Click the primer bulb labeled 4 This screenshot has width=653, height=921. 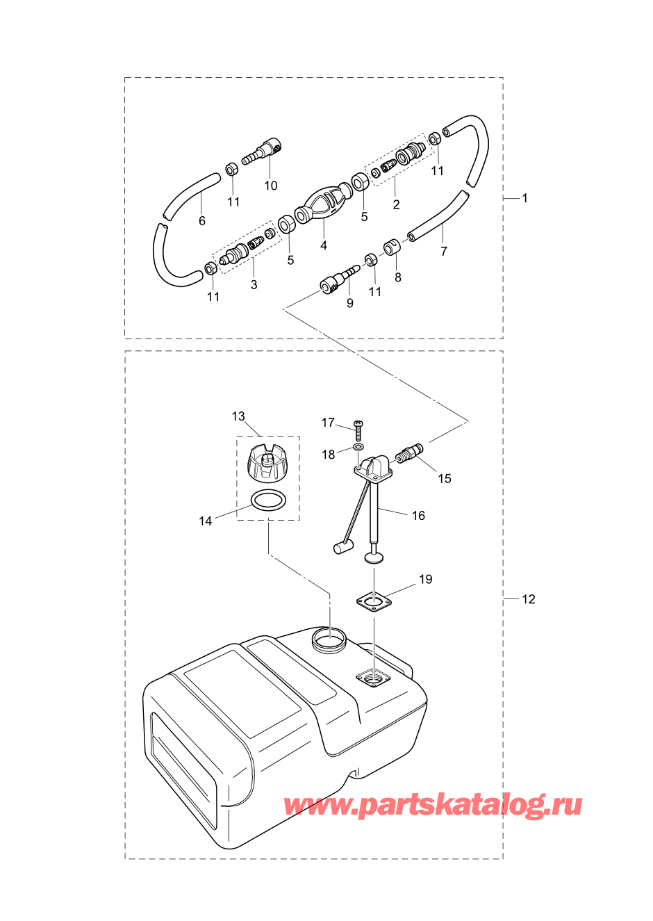(324, 204)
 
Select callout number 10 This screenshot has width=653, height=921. (271, 186)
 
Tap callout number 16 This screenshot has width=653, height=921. (418, 516)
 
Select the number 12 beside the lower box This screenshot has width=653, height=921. (529, 599)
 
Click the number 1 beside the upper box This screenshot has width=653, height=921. (524, 198)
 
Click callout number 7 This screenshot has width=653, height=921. (443, 251)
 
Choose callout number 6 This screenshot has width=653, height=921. (201, 221)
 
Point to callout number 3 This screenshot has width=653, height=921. (254, 284)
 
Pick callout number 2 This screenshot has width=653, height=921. (396, 204)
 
